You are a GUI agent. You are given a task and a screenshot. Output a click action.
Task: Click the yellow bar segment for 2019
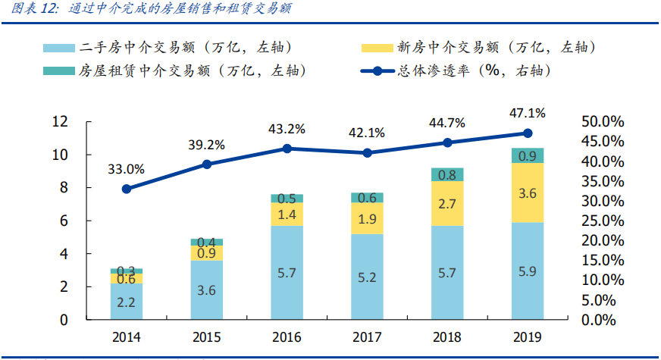click(527, 193)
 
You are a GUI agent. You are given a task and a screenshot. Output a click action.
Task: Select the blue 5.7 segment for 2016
click(287, 272)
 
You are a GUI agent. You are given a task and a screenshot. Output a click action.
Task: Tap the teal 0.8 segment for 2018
click(447, 175)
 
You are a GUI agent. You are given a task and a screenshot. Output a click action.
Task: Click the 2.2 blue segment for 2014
click(127, 302)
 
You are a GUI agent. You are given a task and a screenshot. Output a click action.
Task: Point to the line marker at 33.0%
click(127, 189)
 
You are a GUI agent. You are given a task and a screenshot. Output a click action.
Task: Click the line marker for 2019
click(527, 133)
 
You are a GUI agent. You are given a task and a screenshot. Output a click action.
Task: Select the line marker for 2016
click(287, 149)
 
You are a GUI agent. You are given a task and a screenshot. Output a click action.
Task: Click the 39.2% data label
click(207, 145)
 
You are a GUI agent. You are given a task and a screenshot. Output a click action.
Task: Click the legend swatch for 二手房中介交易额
click(59, 48)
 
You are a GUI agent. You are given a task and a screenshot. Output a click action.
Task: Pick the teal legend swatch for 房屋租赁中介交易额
click(59, 71)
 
